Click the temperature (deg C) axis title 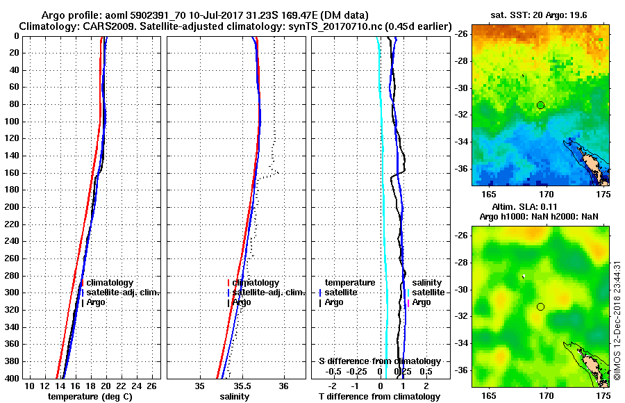click(x=90, y=397)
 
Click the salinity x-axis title click(x=235, y=397)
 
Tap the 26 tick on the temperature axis click(x=155, y=386)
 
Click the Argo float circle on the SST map click(x=540, y=105)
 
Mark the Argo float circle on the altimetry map click(x=540, y=306)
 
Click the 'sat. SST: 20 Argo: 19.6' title click(x=540, y=14)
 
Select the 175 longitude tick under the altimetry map click(x=603, y=395)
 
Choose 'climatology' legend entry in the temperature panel click(x=109, y=283)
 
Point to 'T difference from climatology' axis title click(x=380, y=397)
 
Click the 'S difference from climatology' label click(x=380, y=361)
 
